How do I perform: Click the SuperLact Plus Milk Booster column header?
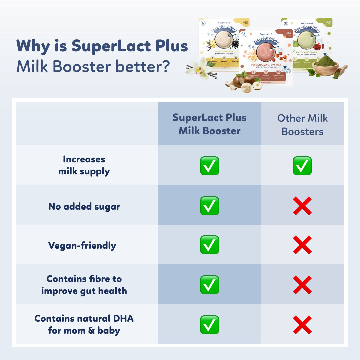point(209,124)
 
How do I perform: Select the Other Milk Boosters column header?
point(302,125)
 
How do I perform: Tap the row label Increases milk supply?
point(84,165)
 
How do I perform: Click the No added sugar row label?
point(84,206)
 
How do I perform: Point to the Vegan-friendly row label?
point(82,246)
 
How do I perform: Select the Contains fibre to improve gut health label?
point(84,285)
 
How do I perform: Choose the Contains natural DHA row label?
point(84,324)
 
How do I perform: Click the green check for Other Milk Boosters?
point(302,166)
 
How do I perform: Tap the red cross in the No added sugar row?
point(302,206)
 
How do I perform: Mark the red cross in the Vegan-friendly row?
point(302,245)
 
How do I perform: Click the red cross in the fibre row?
point(302,285)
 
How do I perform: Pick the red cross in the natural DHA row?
point(302,325)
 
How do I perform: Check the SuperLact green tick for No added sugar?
point(209,206)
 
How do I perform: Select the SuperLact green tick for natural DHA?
point(209,325)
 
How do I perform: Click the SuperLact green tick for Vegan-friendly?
point(209,245)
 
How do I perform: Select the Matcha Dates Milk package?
point(308,43)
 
